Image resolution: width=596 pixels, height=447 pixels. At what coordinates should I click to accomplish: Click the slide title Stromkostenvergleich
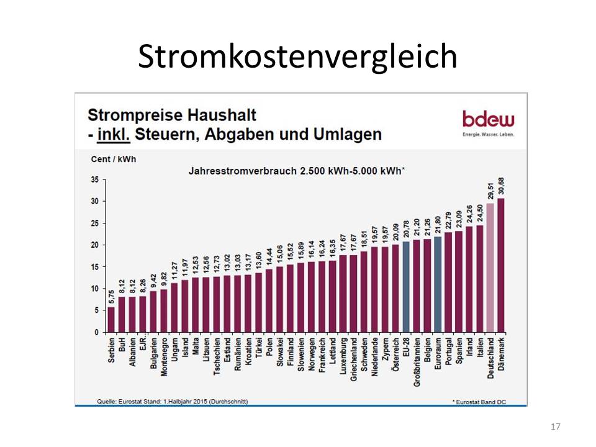click(x=297, y=56)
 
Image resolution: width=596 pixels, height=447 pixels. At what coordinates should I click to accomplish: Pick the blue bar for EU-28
click(x=405, y=286)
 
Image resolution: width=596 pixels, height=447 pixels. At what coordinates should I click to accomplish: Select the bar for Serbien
click(x=111, y=319)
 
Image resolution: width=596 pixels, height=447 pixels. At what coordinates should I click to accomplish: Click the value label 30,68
click(x=500, y=184)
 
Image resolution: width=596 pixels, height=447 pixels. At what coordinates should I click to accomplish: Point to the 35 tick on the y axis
click(x=94, y=179)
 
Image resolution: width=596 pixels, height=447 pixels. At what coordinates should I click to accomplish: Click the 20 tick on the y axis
click(x=94, y=245)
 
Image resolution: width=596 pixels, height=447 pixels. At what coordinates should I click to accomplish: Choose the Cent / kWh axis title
click(x=114, y=159)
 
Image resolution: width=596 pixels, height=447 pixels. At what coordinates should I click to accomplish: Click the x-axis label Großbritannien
click(x=417, y=361)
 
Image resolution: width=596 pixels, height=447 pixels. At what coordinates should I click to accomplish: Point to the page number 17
click(x=556, y=427)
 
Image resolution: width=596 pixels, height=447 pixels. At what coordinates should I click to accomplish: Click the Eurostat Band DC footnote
click(x=479, y=402)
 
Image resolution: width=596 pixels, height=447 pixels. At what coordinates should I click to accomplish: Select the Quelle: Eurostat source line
click(x=173, y=401)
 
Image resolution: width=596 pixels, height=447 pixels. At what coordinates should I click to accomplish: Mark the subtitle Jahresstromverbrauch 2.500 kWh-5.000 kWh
click(x=296, y=169)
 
